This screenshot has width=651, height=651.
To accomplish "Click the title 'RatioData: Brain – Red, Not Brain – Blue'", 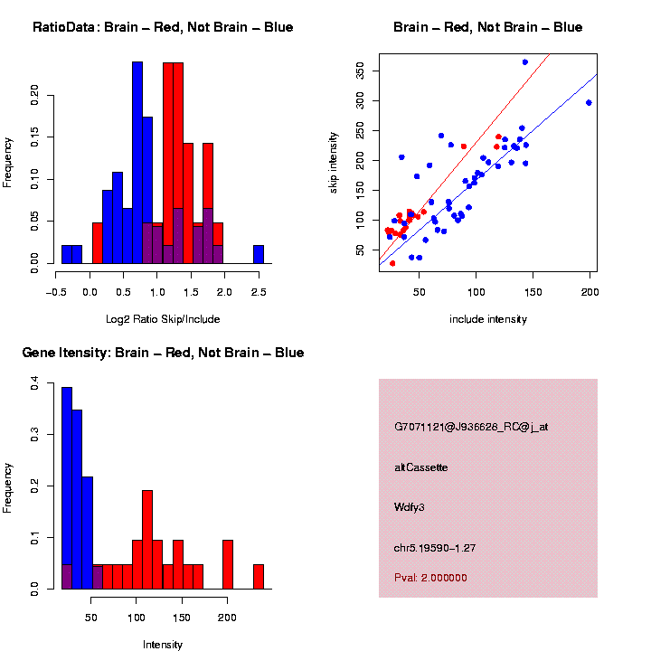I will [x=163, y=27].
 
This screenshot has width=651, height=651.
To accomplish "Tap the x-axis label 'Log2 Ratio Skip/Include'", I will [x=163, y=319].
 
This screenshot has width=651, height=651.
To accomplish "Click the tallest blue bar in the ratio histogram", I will [x=137, y=163].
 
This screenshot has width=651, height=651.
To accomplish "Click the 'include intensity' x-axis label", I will [x=487, y=319].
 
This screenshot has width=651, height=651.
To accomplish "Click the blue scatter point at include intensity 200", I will [x=590, y=103].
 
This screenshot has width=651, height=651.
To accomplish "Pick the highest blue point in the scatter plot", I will [x=525, y=61].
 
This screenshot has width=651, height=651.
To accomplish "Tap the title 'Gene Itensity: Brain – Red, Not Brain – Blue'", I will [x=163, y=353].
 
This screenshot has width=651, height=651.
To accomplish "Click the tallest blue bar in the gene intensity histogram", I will [x=67, y=488].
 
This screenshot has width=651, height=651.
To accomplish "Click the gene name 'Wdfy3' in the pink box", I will [x=410, y=507].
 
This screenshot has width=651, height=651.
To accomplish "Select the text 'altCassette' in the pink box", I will [x=421, y=467].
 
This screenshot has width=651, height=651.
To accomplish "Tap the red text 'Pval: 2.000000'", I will [x=431, y=577].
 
